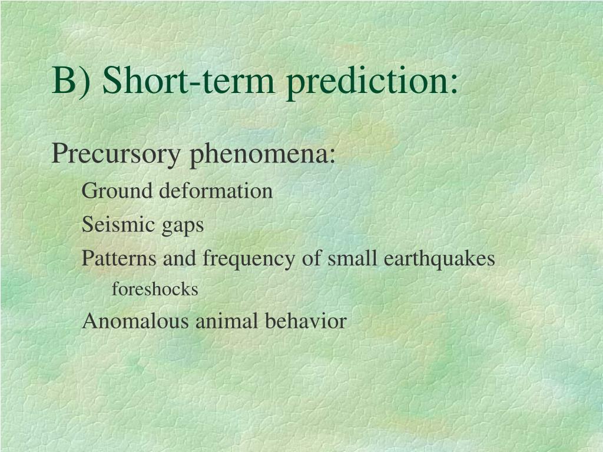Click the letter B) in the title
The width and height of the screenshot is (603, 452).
pyautogui.click(x=71, y=81)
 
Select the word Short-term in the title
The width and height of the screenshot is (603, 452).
pyautogui.click(x=188, y=79)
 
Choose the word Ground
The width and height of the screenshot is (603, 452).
pyautogui.click(x=117, y=191)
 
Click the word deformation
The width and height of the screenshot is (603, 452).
pyautogui.click(x=216, y=191)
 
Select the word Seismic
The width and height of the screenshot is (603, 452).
pyautogui.click(x=118, y=224)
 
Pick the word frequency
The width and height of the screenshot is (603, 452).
pyautogui.click(x=249, y=260)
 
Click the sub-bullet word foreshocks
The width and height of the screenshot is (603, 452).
pyautogui.click(x=155, y=289)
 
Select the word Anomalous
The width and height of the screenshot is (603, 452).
pyautogui.click(x=135, y=321)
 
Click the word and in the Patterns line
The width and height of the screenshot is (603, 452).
pyautogui.click(x=180, y=258)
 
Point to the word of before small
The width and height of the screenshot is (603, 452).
pyautogui.click(x=312, y=258)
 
